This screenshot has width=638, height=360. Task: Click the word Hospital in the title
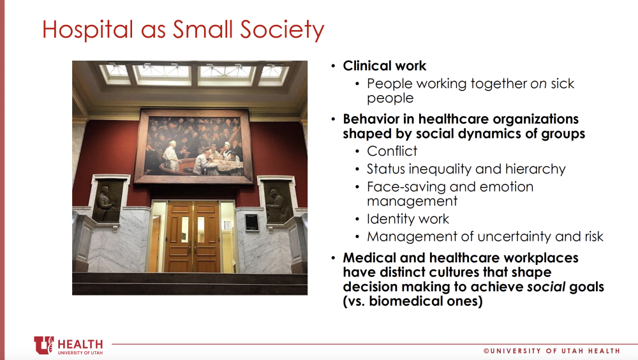click(87, 30)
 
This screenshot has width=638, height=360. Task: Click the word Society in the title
click(282, 30)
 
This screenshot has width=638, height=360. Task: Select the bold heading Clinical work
click(385, 66)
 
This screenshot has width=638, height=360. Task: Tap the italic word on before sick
click(538, 84)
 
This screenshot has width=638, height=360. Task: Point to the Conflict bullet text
click(392, 151)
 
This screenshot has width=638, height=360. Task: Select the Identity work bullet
click(408, 219)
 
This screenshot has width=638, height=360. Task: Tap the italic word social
click(546, 287)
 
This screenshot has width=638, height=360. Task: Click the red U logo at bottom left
click(43, 345)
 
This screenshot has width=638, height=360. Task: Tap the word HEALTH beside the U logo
click(80, 344)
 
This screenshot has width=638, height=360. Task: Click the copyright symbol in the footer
click(486, 350)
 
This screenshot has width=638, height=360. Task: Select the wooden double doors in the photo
click(193, 237)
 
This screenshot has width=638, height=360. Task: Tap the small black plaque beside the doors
click(252, 222)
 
